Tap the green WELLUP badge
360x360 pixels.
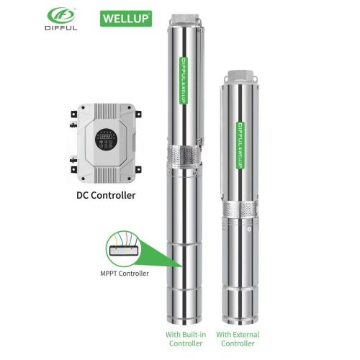point(125,16)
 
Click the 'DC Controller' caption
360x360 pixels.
point(106,194)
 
